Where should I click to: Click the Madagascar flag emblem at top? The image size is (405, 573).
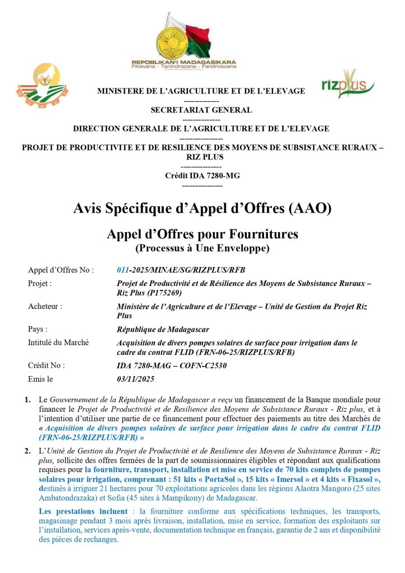click(183, 37)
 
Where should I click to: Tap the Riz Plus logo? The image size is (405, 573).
click(347, 85)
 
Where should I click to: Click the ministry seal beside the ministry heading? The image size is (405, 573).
click(42, 86)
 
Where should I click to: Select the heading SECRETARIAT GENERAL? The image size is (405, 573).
click(201, 110)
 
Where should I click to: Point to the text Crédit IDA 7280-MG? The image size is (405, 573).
click(202, 175)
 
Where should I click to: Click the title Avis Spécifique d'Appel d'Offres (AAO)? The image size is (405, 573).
click(202, 209)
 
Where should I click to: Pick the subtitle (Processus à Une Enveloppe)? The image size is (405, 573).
click(202, 246)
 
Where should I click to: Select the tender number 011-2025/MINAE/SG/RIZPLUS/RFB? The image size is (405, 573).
click(181, 270)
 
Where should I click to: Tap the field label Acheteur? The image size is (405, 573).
click(45, 306)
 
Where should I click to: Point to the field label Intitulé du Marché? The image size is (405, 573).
click(58, 342)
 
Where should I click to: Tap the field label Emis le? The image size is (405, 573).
click(40, 379)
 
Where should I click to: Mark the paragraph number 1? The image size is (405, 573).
click(27, 400)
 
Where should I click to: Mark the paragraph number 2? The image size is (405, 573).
click(27, 450)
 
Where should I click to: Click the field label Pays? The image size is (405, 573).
click(37, 329)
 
